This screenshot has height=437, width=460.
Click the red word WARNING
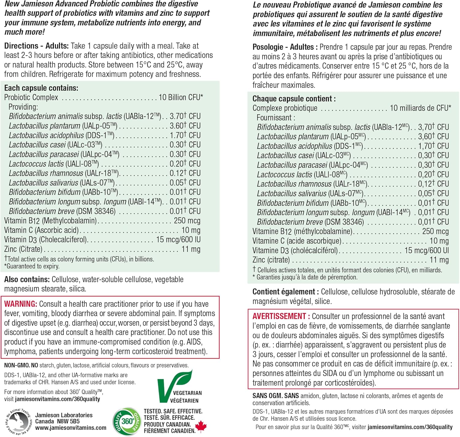pyautogui.click(x=21, y=304)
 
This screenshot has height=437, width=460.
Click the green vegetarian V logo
pyautogui.click(x=173, y=386)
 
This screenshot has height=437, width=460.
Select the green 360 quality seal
pyautogui.click(x=127, y=421)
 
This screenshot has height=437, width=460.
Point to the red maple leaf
pyautogui.click(x=201, y=426)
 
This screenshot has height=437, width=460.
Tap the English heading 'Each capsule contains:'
pyautogui.click(x=41, y=88)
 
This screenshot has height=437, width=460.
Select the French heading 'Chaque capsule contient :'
pyautogui.click(x=294, y=99)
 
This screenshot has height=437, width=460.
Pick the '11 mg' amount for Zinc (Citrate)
pyautogui.click(x=191, y=249)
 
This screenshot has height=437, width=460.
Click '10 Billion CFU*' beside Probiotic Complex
pyautogui.click(x=181, y=97)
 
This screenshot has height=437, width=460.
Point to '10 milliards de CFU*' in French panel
pyautogui.click(x=420, y=108)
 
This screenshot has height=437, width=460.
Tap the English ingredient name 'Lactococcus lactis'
pyautogui.click(x=36, y=164)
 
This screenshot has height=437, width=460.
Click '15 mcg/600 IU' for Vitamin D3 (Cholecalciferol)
pyautogui.click(x=178, y=240)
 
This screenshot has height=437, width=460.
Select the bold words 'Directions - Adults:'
pyautogui.click(x=36, y=46)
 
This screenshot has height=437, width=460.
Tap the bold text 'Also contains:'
pyautogui.click(x=27, y=279)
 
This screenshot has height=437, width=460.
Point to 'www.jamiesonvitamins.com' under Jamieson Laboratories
pyautogui.click(x=71, y=428)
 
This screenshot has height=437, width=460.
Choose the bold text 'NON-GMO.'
pyautogui.click(x=17, y=365)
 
